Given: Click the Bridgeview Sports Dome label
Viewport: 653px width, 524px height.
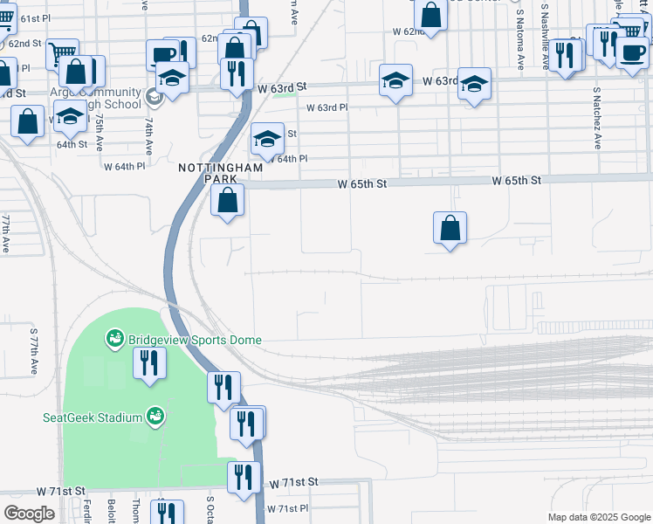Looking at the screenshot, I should pos(195,340).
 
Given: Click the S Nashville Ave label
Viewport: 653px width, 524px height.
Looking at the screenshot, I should pos(545,35).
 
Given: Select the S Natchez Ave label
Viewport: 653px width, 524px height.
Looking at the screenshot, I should pos(598,118).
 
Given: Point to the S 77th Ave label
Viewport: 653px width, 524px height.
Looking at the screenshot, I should pos(36,353).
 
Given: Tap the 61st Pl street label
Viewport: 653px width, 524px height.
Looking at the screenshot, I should pos(35,18).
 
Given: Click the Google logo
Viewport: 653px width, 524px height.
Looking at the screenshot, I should pos(29,514).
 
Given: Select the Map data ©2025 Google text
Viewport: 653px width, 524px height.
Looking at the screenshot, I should pos(599,517).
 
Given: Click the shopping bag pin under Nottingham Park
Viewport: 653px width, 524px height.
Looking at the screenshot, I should pos(228,200).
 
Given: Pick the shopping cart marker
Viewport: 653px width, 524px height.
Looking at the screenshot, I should pos(62,53).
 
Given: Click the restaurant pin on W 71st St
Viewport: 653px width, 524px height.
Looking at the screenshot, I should pos(244,476).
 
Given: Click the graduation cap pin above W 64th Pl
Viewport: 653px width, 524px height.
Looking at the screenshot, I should pos(267,137).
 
